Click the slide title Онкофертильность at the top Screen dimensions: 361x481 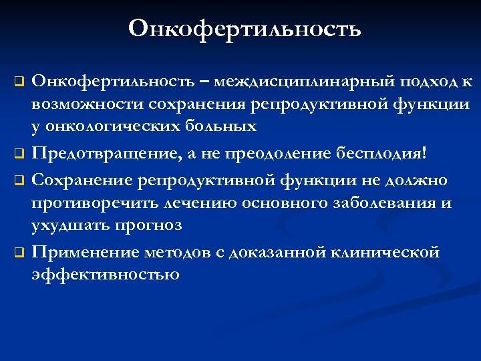[x=244, y=29]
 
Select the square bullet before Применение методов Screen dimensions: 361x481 [x=20, y=253]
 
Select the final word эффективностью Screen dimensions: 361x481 [x=106, y=274]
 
